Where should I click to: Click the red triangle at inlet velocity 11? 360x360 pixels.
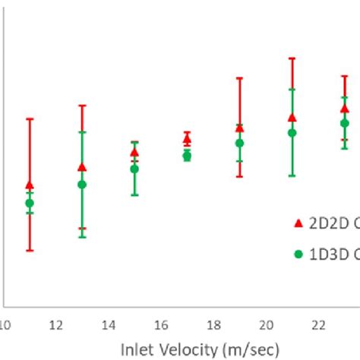30,185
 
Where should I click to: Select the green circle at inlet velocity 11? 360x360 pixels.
30,203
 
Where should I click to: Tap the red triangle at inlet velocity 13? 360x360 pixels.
82,167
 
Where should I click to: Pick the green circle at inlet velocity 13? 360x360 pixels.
82,185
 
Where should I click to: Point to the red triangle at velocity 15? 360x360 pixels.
134,153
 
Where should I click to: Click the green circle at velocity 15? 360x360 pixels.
134,169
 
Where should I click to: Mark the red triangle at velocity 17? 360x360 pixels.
187,140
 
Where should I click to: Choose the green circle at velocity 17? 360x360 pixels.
187,156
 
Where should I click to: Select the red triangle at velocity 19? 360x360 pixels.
239,128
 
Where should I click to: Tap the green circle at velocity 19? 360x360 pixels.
239,143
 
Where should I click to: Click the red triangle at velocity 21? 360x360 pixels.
292,118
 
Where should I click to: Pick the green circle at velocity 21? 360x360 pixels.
292,133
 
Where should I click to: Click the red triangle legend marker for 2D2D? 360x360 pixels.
298,223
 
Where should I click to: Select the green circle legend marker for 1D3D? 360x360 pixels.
298,254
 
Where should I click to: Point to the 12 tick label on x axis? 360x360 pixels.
55,326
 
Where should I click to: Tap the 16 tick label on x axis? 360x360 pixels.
160,326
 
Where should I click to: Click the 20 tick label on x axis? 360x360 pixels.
266,326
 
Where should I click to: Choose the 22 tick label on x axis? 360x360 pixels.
318,326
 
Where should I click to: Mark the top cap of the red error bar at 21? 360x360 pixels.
292,58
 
